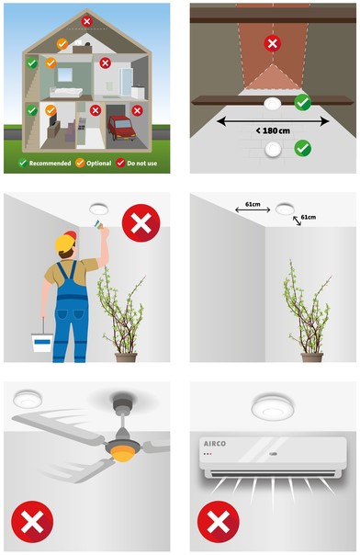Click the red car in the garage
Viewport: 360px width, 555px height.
click(x=121, y=128)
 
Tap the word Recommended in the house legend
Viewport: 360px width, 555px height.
click(x=50, y=164)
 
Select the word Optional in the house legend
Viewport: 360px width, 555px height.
click(x=98, y=164)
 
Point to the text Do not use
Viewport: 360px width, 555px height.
click(x=141, y=164)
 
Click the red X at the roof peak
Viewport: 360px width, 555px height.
click(x=86, y=21)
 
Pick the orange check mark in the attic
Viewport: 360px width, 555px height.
click(x=62, y=44)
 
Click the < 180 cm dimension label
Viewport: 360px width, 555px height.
click(x=273, y=130)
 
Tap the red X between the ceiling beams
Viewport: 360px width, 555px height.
click(x=273, y=43)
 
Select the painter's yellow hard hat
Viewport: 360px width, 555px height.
click(x=64, y=244)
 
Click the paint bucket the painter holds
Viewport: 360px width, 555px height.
click(x=41, y=342)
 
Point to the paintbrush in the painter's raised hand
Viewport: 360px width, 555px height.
click(x=98, y=223)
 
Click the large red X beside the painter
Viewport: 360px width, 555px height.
click(x=141, y=223)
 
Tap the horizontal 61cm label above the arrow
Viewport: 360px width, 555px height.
click(x=253, y=204)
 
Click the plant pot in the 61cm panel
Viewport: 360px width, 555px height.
click(x=312, y=357)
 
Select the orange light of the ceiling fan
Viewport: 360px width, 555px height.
click(x=122, y=452)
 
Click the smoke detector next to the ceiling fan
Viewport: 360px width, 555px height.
click(x=28, y=398)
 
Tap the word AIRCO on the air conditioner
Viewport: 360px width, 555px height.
click(x=214, y=444)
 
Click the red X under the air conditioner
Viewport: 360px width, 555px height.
click(x=219, y=522)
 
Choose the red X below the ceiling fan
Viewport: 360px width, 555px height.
click(x=32, y=522)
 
